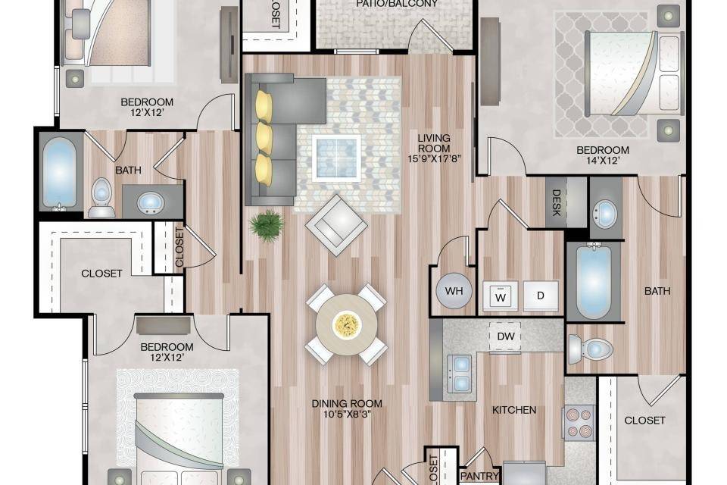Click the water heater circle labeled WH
tap(454, 291)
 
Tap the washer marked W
tap(501, 296)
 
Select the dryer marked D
tap(541, 296)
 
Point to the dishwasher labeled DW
tap(505, 336)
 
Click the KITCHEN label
tap(514, 410)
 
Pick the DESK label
tap(557, 203)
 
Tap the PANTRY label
tap(480, 476)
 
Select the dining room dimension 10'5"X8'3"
tap(347, 414)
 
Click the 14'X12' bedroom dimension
tap(602, 161)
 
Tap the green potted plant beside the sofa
tap(267, 226)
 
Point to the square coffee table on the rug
tap(336, 158)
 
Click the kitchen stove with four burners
tap(579, 423)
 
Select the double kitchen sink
tap(460, 374)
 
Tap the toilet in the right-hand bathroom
tap(591, 349)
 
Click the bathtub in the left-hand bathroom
tap(59, 173)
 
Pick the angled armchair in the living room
tap(337, 225)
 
